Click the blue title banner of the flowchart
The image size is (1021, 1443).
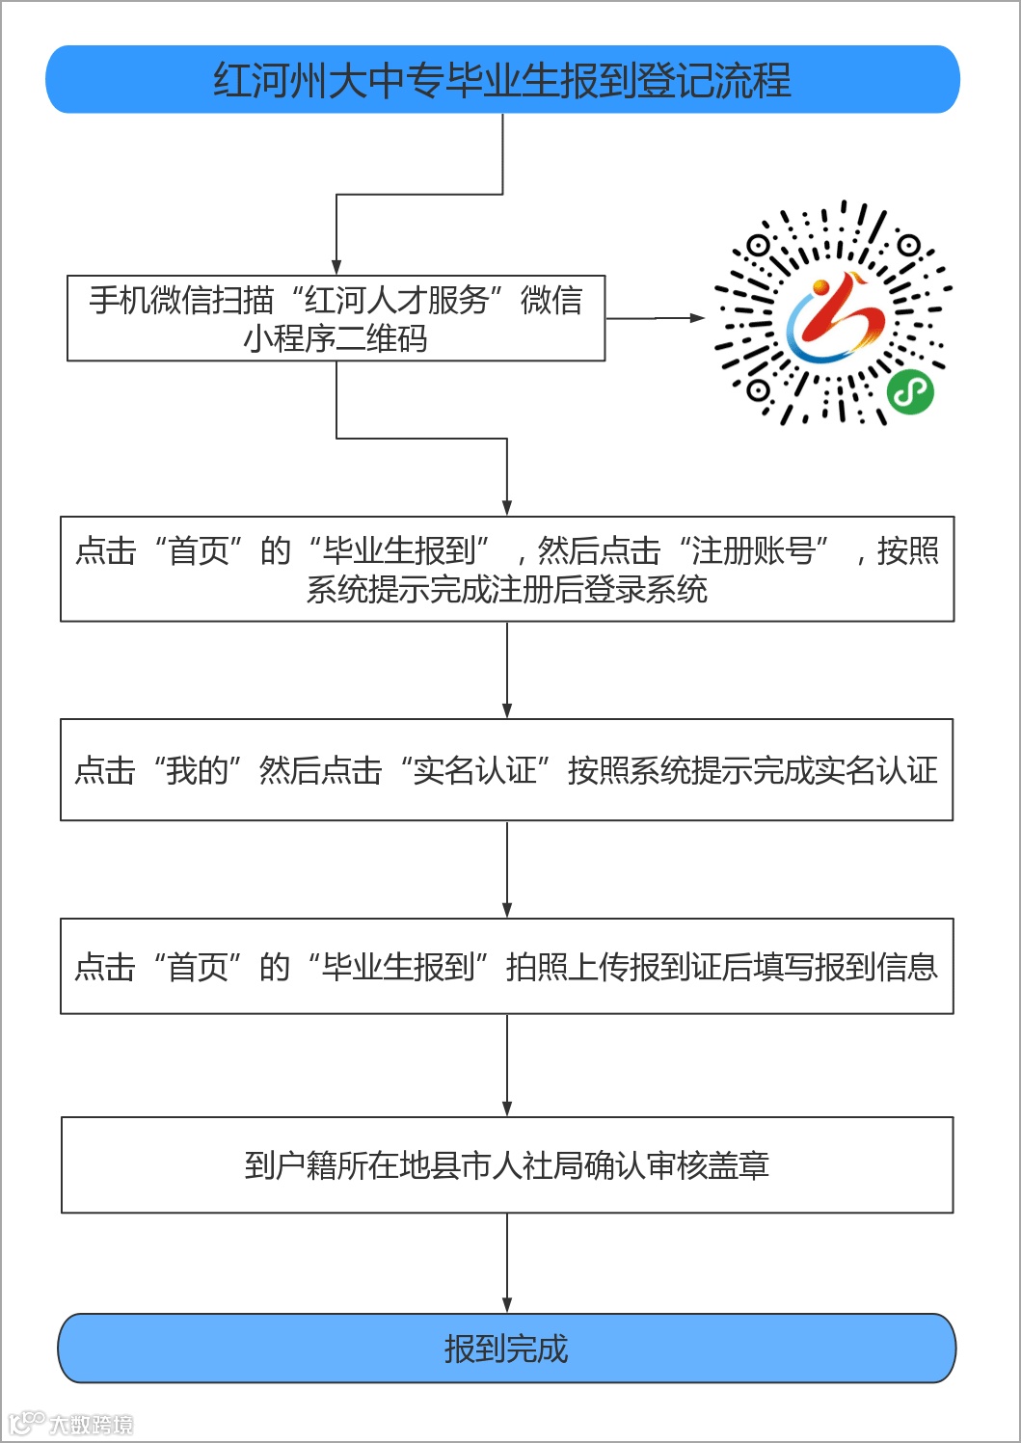point(502,80)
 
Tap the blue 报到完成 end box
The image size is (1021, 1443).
point(506,1348)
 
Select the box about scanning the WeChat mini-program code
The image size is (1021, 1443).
point(336,318)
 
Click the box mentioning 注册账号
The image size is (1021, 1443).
point(506,569)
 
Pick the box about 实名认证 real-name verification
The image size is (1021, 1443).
point(506,769)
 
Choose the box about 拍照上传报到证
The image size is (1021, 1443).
point(506,966)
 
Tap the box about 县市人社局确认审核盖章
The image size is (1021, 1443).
point(506,1164)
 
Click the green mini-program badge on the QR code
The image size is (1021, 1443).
point(909,390)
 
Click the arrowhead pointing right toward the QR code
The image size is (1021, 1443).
point(697,317)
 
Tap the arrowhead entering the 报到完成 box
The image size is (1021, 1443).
point(507,1304)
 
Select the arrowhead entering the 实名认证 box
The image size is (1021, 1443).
point(507,709)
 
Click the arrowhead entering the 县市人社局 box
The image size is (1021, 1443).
point(507,1109)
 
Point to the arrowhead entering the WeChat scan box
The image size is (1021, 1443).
point(336,267)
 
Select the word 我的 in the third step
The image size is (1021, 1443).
point(197,770)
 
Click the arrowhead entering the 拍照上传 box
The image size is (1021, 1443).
point(507,909)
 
